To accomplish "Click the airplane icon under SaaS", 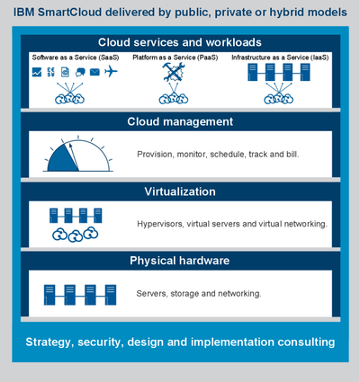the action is click(x=111, y=72).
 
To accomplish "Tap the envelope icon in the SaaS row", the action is click(x=94, y=72).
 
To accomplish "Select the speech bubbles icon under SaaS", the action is click(x=80, y=72).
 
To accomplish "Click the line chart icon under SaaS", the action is click(x=37, y=72).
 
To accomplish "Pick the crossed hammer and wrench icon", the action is click(x=174, y=72).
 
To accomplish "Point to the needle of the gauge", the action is click(x=74, y=157).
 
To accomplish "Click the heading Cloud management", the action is click(x=180, y=121).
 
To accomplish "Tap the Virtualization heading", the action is click(x=180, y=191).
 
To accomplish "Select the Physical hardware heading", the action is click(x=180, y=261).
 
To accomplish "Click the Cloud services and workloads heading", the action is click(x=180, y=42).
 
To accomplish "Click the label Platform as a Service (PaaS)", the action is click(x=175, y=58).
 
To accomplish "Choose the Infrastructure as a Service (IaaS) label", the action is click(x=280, y=58).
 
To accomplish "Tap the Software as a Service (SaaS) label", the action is click(x=76, y=58).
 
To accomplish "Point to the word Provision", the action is click(x=155, y=155).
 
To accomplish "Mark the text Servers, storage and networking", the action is click(x=199, y=293).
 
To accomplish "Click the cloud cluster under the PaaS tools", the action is click(x=174, y=98).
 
